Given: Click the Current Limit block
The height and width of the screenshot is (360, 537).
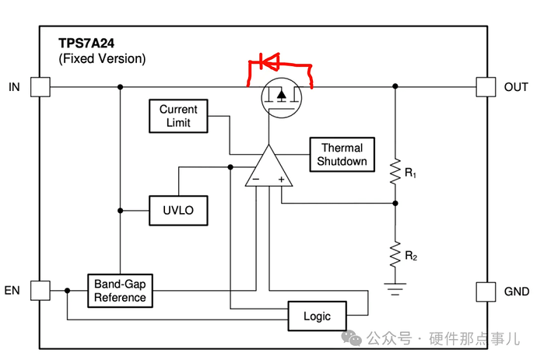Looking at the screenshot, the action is pyautogui.click(x=178, y=116).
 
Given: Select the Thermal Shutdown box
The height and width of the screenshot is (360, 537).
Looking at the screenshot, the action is pyautogui.click(x=342, y=154).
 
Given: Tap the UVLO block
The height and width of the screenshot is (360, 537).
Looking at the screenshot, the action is pyautogui.click(x=178, y=211).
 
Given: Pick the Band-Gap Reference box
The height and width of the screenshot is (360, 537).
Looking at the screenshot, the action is pyautogui.click(x=120, y=291).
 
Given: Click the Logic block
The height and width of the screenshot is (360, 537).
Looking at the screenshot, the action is pyautogui.click(x=317, y=316).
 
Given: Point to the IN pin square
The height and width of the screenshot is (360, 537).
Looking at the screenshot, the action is pyautogui.click(x=40, y=87).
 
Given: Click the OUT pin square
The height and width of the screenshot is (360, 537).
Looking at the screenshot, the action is pyautogui.click(x=486, y=87).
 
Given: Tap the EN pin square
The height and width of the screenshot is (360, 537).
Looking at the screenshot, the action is pyautogui.click(x=40, y=291).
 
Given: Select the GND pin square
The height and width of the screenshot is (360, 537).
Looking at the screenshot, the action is pyautogui.click(x=486, y=292).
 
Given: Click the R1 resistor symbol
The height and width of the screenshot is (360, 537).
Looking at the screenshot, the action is pyautogui.click(x=395, y=172).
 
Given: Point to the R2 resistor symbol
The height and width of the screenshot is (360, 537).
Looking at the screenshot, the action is pyautogui.click(x=395, y=254).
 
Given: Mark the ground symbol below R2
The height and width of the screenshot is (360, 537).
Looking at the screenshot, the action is pyautogui.click(x=395, y=288).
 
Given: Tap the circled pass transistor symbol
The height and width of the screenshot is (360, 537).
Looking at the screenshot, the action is pyautogui.click(x=282, y=98).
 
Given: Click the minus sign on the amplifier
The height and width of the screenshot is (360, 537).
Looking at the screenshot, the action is pyautogui.click(x=256, y=179).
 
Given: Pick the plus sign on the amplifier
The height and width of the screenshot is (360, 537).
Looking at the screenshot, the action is pyautogui.click(x=282, y=179).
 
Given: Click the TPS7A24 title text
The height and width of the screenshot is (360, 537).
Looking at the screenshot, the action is pyautogui.click(x=86, y=44).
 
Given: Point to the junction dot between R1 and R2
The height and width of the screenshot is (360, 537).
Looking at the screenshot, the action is pyautogui.click(x=395, y=203).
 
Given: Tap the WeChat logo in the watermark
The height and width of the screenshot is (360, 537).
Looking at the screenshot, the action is pyautogui.click(x=352, y=338).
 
